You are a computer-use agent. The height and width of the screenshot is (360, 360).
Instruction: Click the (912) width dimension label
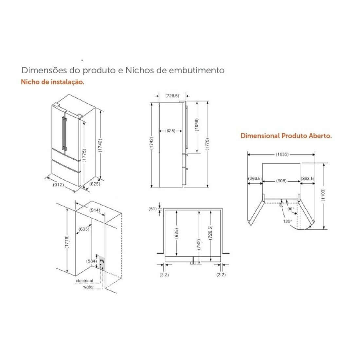[58, 185]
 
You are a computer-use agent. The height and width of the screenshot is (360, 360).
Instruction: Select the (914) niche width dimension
[95, 210]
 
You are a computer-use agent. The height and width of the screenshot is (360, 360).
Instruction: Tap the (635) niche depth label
[84, 229]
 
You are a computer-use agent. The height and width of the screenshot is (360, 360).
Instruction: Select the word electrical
[84, 281]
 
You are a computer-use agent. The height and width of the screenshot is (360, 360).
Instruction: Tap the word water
[88, 287]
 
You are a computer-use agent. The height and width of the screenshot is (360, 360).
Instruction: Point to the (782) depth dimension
[199, 244]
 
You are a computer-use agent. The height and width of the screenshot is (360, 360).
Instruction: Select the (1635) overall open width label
[282, 154]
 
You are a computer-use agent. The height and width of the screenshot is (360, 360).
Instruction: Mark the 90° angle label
[291, 208]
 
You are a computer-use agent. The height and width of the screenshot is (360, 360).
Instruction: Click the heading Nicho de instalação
[53, 82]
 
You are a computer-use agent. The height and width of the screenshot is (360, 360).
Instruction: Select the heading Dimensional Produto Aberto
[286, 136]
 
